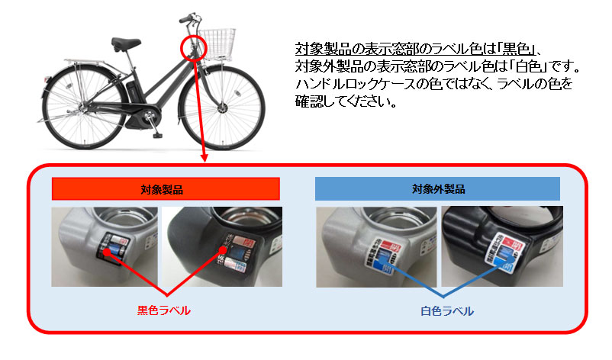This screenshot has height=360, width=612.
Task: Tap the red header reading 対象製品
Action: tap(166, 188)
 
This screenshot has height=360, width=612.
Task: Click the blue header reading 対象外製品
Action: tap(437, 188)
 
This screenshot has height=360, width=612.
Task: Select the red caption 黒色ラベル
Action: tap(163, 310)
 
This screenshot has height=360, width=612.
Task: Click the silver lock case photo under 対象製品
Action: tap(105, 246)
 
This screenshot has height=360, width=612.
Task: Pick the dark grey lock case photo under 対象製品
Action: tap(222, 246)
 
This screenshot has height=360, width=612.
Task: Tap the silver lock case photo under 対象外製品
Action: tap(377, 246)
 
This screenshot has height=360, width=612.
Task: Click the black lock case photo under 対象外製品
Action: tap(501, 246)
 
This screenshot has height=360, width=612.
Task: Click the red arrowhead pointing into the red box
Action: tap(205, 159)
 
